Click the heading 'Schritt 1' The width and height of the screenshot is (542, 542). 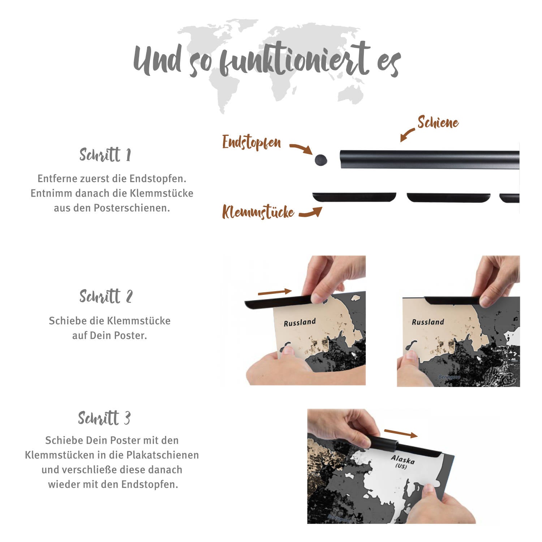[105, 155]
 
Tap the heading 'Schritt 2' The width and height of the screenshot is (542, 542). [106, 296]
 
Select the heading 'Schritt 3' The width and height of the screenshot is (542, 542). [104, 418]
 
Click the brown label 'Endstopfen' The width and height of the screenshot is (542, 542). [251, 142]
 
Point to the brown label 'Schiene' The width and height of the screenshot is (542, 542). [438, 122]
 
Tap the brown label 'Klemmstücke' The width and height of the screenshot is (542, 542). [258, 212]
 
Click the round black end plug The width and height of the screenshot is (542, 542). [321, 160]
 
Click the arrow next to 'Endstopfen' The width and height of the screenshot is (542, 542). [301, 148]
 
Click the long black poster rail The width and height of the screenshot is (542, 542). [430, 159]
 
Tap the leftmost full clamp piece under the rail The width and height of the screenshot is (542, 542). [354, 197]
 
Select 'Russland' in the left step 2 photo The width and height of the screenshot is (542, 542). [300, 322]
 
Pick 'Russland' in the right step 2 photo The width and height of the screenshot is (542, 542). [428, 322]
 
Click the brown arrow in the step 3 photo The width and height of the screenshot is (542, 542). [401, 433]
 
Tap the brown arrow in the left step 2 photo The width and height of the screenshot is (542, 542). [275, 292]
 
